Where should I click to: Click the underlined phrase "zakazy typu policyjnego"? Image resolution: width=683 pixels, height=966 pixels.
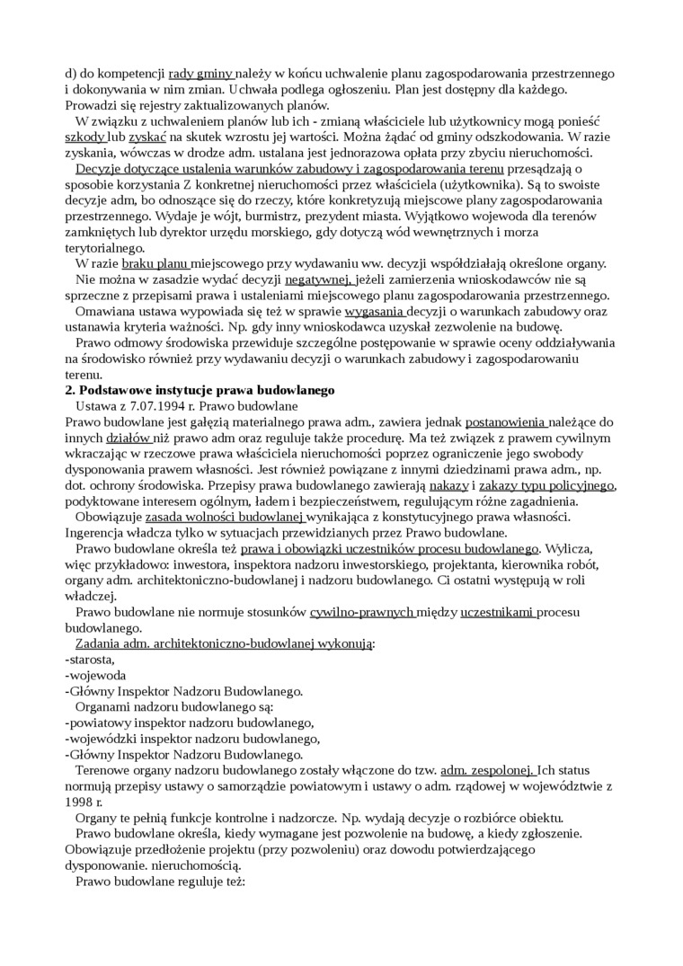point(546,484)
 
